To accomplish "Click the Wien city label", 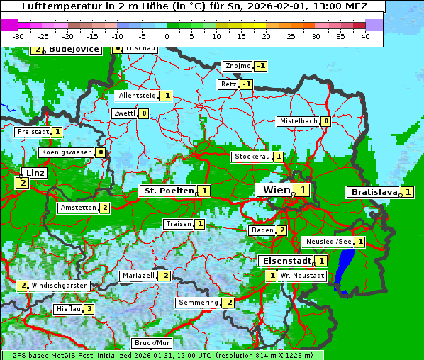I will point(274,191).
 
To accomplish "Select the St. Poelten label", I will point(168,191).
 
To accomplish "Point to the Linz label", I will point(35,173).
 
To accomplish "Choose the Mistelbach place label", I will point(298,121).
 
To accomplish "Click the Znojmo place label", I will point(237,66).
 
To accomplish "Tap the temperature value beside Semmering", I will point(228,303).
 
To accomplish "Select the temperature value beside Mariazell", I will point(164,275).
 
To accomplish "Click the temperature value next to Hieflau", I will point(89,309).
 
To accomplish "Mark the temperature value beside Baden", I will point(281,230).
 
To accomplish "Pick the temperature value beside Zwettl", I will point(143,113).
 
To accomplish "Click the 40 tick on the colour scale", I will point(365,35).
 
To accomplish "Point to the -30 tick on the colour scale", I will point(18,35).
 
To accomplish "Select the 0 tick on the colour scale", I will point(167,35).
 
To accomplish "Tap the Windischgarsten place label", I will point(60,286).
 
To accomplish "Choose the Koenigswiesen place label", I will point(67,152).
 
